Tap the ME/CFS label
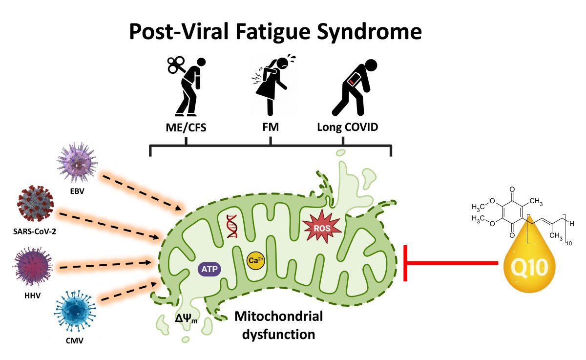click(186, 127)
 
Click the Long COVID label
click(347, 127)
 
